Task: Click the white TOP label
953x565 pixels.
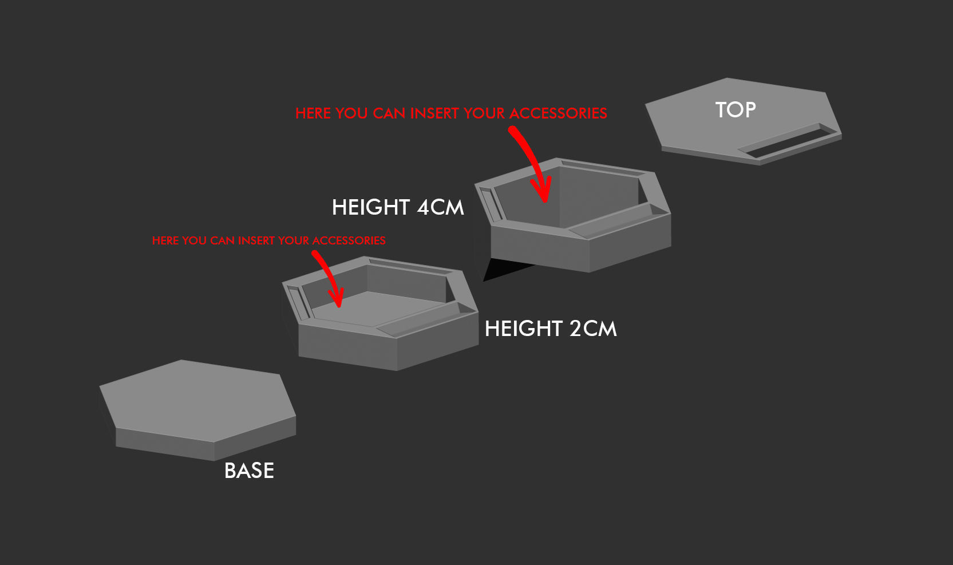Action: pos(735,110)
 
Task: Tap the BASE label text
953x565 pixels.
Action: pos(249,471)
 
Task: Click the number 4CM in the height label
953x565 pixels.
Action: pos(440,207)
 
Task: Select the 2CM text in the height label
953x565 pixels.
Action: pos(593,329)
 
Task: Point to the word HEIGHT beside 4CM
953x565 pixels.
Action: pos(370,207)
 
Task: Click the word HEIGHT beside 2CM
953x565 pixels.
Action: pos(524,329)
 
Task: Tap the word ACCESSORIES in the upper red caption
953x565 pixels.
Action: pos(557,113)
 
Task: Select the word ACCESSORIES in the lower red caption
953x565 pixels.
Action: pos(349,241)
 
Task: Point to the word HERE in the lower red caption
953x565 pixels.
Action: pos(165,241)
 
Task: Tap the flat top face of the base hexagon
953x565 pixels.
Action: pos(197,400)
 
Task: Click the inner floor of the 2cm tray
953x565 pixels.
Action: pos(379,309)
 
